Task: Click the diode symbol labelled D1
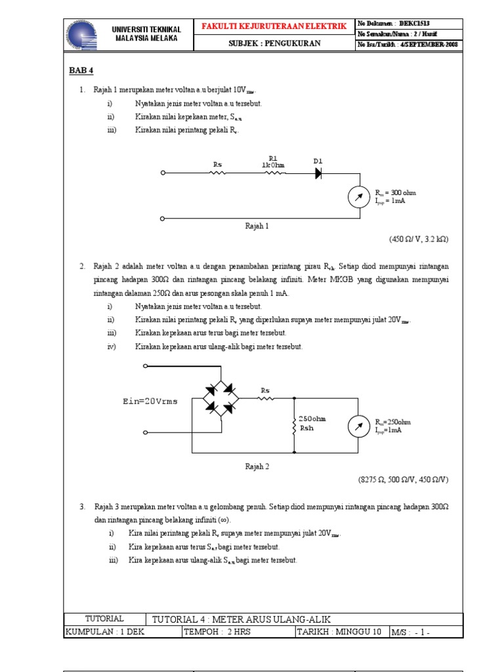click(318, 173)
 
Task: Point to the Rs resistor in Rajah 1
click(218, 173)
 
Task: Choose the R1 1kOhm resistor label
click(273, 161)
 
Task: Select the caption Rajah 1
click(257, 226)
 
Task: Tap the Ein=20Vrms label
click(150, 401)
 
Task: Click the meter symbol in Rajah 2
click(358, 427)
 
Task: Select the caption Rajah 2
click(257, 467)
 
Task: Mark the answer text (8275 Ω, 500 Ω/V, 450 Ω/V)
click(403, 480)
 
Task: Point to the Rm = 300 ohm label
click(396, 193)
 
